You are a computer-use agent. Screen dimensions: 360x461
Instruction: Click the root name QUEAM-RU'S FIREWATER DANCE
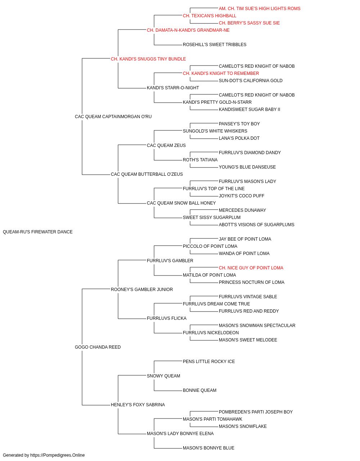point(38,232)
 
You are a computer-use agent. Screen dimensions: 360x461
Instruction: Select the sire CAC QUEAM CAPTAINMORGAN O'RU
point(113,117)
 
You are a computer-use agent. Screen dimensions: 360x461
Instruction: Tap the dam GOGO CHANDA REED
point(98,347)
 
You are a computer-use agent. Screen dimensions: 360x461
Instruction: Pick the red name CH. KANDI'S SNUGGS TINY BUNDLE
point(148,59)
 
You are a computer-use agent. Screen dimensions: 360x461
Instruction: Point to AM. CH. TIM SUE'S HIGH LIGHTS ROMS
point(260,9)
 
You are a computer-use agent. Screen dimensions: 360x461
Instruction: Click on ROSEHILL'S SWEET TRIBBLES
point(215,45)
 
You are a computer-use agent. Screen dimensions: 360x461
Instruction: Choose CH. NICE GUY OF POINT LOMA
point(251,268)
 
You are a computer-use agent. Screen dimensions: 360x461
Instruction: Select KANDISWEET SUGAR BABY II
point(249,109)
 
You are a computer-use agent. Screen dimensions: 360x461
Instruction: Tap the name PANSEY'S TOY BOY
point(239,124)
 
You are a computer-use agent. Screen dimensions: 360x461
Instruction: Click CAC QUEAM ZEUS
point(166,145)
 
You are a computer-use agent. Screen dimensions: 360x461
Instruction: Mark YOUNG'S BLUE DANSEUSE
point(247,167)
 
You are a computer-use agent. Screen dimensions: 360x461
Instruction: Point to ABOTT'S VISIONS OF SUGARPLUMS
point(257,225)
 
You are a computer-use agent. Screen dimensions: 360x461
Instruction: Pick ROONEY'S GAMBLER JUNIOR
point(142,289)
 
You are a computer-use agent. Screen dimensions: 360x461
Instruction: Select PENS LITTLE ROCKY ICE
point(209,362)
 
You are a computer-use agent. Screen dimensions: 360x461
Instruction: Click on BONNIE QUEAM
point(199,390)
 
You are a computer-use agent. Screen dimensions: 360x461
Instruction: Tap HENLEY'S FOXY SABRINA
point(138,405)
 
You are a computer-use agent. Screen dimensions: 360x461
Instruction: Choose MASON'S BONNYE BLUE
point(209,448)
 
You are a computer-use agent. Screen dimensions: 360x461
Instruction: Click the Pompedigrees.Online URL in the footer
point(57,455)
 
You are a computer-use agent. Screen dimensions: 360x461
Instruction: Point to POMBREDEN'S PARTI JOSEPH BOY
point(256,412)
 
